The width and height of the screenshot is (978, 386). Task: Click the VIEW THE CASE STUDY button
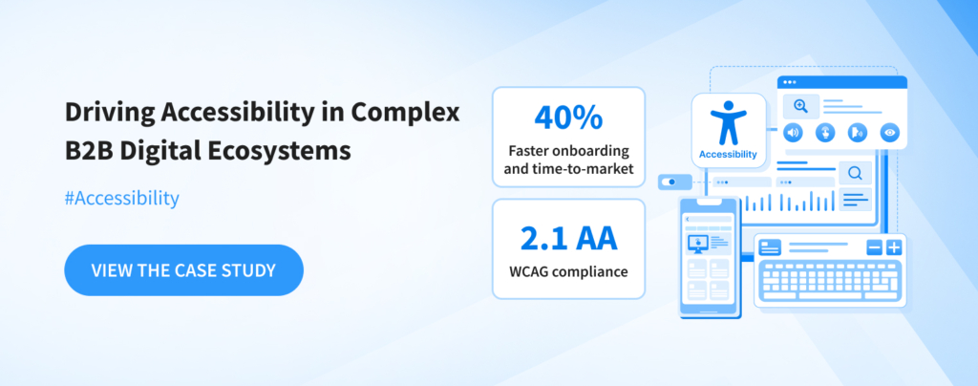pos(184,270)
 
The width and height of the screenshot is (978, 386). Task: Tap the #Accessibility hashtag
pos(121,199)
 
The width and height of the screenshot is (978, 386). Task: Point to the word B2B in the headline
pos(89,152)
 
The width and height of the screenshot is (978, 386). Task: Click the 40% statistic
pos(568,118)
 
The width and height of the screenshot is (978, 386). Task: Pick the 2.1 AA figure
pos(568,240)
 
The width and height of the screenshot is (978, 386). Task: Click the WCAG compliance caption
pos(568,272)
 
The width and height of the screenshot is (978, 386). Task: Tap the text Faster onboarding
pos(568,150)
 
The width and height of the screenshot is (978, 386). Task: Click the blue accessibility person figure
pos(728,122)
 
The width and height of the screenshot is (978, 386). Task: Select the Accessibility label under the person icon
pos(728,154)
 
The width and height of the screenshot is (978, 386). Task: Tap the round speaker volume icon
pos(792,133)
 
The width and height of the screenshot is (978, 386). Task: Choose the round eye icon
pos(889,133)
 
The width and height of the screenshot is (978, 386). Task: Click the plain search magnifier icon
pos(855,173)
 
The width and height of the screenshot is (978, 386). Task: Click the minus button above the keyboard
pos(875,247)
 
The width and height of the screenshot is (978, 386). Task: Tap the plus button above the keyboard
pos(894,247)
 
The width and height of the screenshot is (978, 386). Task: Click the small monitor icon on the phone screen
pos(695,244)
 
